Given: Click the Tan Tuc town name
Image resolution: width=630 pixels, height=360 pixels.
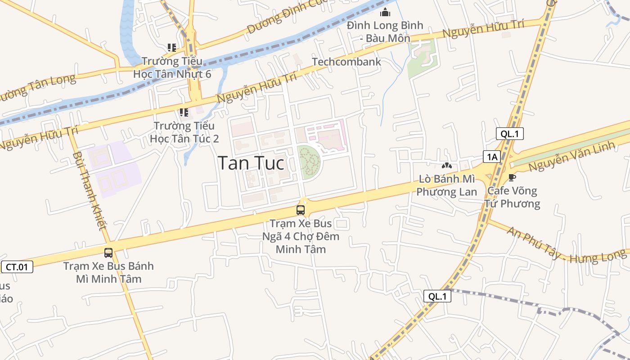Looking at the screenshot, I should pos(251,163).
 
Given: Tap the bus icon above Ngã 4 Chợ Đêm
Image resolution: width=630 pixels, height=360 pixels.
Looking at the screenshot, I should pos(300,210).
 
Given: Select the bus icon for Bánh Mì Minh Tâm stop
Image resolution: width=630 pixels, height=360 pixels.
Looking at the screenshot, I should pos(108,253).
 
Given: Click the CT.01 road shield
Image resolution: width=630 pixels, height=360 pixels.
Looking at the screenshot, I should pos(17,267).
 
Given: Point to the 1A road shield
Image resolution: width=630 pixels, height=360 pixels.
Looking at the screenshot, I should pos(492,157).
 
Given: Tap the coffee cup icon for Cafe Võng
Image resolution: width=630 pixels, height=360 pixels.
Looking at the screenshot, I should pos(512,177).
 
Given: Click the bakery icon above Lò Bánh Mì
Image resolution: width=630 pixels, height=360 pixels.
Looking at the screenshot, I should pos(446,166).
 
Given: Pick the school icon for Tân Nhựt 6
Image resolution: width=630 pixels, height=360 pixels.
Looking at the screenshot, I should pos(171,47).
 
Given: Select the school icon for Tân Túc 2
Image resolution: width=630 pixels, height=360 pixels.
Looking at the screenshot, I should pos(184,112).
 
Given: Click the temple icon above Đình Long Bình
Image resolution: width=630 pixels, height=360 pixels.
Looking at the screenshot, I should pos(385,12).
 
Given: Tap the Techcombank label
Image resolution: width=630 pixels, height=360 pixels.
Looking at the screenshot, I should pos(346,62).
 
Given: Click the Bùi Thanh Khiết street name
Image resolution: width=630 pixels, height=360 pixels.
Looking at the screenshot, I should pos(90,191).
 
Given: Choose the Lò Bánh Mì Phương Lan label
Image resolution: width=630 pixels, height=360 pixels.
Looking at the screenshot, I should pos(446,185).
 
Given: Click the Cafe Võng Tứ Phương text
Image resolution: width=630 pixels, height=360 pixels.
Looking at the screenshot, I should pos(512,197).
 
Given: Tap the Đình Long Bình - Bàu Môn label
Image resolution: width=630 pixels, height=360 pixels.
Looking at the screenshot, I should pos(385,31).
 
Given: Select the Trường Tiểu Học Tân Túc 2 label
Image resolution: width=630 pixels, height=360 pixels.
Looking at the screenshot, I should pos(184,132).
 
